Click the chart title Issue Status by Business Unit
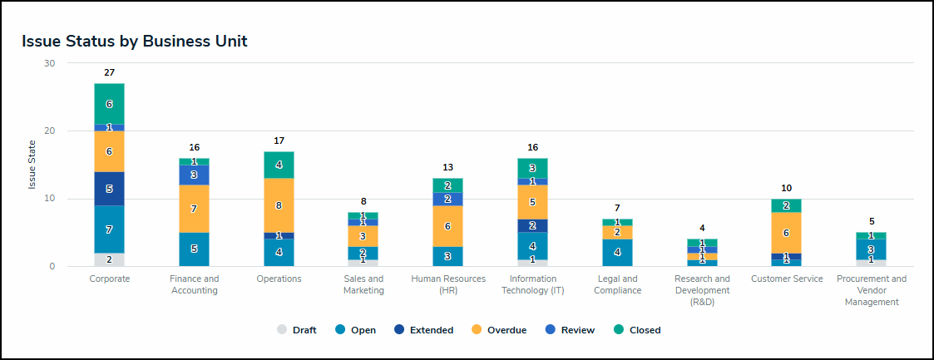pyautogui.click(x=135, y=41)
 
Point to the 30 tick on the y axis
pyautogui.click(x=50, y=63)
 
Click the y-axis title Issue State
pyautogui.click(x=32, y=165)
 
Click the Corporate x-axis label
pyautogui.click(x=110, y=279)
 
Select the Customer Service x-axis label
pyautogui.click(x=787, y=279)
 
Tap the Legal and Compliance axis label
pyautogui.click(x=617, y=284)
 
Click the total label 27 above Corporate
pyautogui.click(x=109, y=73)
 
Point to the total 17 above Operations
pyautogui.click(x=279, y=141)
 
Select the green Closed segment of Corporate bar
pyautogui.click(x=109, y=104)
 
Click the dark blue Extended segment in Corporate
pyautogui.click(x=109, y=189)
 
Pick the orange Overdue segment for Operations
pyautogui.click(x=279, y=205)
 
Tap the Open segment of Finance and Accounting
pyautogui.click(x=194, y=249)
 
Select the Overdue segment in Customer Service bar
pyautogui.click(x=787, y=233)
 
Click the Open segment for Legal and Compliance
pyautogui.click(x=617, y=253)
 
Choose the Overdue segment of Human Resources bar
pyautogui.click(x=448, y=226)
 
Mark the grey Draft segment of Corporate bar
pyautogui.click(x=109, y=259)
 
